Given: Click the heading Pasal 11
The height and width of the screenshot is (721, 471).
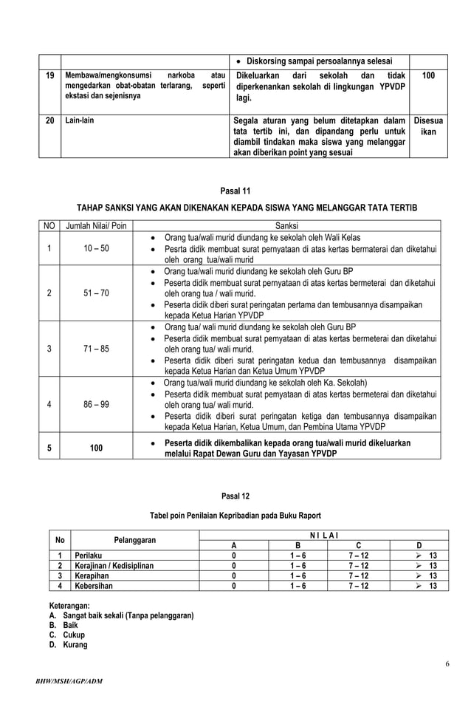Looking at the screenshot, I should [x=235, y=190].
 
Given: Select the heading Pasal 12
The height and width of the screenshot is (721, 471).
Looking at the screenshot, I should [x=235, y=496].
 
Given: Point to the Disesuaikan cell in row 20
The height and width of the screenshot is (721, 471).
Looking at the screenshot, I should [x=428, y=126].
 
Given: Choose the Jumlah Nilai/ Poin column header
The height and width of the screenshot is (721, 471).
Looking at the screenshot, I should [x=94, y=226].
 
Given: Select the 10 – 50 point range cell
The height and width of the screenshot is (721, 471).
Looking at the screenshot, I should [x=94, y=249].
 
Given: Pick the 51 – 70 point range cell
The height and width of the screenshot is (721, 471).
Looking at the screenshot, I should [x=94, y=293].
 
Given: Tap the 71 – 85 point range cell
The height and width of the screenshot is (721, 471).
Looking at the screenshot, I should [x=94, y=349].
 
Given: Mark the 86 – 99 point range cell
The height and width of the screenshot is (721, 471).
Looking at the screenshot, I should [x=94, y=405].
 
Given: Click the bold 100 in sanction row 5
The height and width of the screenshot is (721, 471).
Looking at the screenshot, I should [x=94, y=448].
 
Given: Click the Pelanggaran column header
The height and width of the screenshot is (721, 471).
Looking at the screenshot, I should [x=135, y=540].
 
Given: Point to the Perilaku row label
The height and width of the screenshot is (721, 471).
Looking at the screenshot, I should [x=89, y=555].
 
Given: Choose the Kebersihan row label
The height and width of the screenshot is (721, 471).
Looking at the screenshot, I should [x=94, y=586].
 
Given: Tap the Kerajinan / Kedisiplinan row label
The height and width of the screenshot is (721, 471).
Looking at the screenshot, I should [x=114, y=565].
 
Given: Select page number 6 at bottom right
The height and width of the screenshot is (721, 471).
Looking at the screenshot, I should [x=447, y=664].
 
